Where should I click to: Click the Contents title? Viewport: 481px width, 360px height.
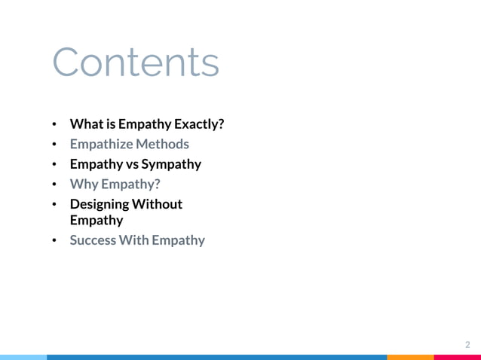[136, 63]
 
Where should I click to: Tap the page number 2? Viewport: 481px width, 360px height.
[467, 344]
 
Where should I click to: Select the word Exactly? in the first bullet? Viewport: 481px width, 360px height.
[198, 124]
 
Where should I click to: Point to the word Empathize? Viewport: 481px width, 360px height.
[101, 144]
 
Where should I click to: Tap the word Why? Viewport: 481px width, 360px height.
[83, 184]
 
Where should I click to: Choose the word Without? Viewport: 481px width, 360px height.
[157, 204]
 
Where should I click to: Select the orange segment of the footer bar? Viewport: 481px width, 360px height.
[411, 357]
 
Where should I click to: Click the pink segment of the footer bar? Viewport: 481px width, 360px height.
[458, 357]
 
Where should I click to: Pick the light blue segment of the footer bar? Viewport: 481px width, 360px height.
[23, 357]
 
